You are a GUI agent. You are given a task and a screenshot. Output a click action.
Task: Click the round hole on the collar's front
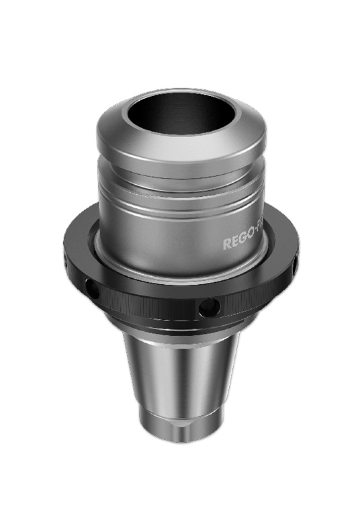click(x=209, y=306)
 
